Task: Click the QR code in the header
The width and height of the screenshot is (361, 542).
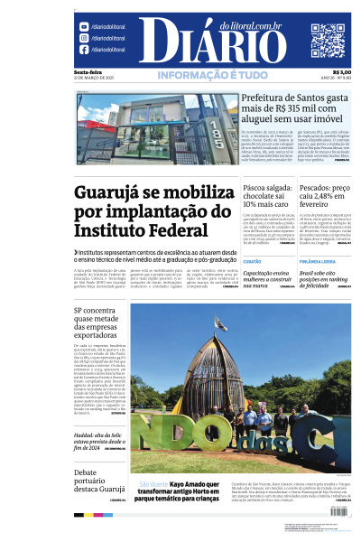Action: coord(328,41)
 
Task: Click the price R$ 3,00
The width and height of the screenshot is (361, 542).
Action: coord(341,72)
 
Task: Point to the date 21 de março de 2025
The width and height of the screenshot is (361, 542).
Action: coord(96,79)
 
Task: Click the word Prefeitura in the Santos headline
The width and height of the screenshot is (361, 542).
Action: coord(264,100)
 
